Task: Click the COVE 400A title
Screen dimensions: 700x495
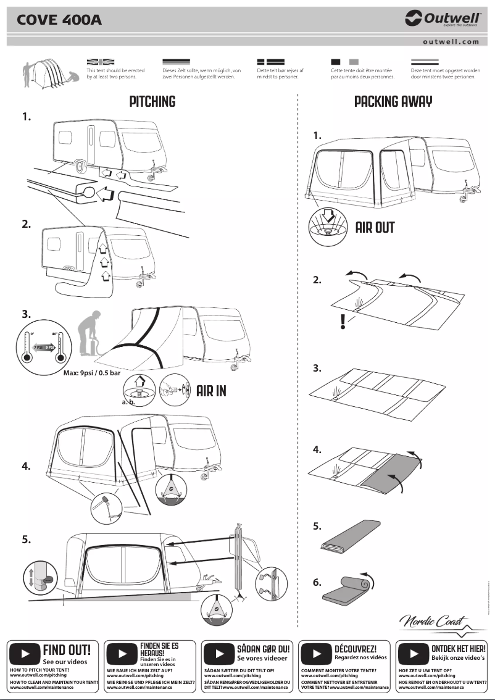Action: click(59, 21)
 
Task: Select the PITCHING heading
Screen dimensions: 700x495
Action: click(152, 102)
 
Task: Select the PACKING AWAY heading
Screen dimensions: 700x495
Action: click(393, 102)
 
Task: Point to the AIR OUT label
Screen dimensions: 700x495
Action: click(375, 228)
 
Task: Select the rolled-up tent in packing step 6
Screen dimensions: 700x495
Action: click(349, 588)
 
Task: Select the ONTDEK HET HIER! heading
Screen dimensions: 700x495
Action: click(458, 649)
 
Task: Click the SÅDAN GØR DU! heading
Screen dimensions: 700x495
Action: click(263, 649)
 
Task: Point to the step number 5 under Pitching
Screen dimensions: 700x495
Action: click(26, 540)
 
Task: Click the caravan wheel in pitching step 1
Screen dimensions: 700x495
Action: click(80, 165)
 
